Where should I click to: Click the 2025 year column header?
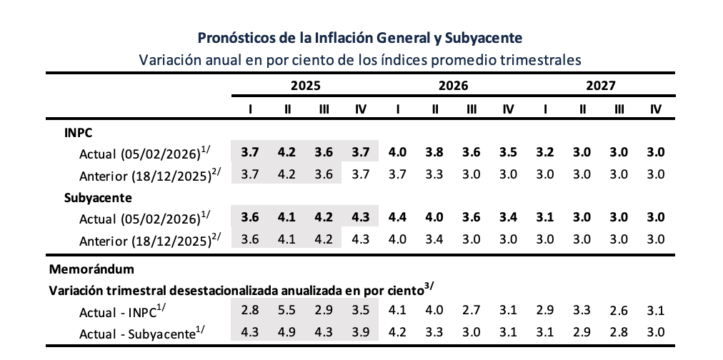305,86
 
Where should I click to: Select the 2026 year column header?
453,86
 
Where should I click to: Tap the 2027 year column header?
601,86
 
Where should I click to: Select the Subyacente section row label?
94,197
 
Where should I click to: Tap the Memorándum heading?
93,269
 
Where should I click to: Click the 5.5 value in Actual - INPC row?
287,310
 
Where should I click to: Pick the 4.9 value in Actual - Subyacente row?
287,331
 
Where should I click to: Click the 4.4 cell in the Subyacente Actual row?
398,217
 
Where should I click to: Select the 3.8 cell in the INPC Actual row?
435,152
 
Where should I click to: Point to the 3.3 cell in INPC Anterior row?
435,174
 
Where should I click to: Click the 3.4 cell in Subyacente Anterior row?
435,238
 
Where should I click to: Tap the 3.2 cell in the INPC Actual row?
546,152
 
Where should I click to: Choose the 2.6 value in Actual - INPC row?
619,310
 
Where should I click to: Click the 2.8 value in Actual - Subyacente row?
619,331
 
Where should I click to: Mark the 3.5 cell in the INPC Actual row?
509,152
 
